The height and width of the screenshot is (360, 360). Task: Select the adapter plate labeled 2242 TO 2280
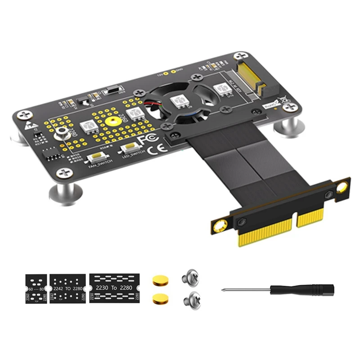pos(67,288)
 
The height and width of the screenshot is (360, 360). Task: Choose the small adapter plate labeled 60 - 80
pos(35,288)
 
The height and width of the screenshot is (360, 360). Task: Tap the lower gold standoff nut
pos(158,297)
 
